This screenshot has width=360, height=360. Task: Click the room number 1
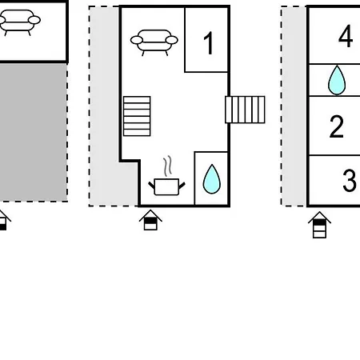[x=209, y=43]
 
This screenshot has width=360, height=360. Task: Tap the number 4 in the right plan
[x=346, y=36]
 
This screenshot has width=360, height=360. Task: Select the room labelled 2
[x=337, y=126]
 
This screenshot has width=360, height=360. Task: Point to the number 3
[x=350, y=180]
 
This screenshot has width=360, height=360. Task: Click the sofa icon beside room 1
[x=154, y=42]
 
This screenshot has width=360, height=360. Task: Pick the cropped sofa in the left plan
[x=19, y=22]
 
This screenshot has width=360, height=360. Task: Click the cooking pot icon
[x=166, y=186]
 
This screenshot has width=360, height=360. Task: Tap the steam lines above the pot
[x=168, y=166]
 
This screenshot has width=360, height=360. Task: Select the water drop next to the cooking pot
[x=212, y=179]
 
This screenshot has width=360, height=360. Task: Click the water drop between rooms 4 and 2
[x=337, y=80]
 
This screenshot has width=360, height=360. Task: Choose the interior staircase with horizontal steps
[x=137, y=116]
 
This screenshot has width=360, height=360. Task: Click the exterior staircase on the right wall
[x=245, y=110]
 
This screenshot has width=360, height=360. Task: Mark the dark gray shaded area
[x=33, y=133]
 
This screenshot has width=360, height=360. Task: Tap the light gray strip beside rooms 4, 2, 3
[x=294, y=106]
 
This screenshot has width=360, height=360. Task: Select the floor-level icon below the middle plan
[x=150, y=220]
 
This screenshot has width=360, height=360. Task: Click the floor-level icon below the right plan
[x=319, y=225]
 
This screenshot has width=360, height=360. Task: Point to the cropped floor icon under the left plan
[x=4, y=221]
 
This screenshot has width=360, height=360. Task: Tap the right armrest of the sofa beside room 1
[x=172, y=40]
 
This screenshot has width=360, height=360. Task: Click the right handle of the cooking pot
[x=182, y=186]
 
